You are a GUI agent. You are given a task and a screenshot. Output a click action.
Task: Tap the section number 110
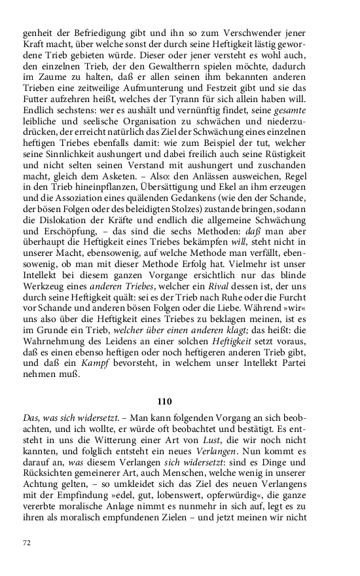click(x=165, y=401)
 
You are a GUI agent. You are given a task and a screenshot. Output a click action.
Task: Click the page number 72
click(x=27, y=542)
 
